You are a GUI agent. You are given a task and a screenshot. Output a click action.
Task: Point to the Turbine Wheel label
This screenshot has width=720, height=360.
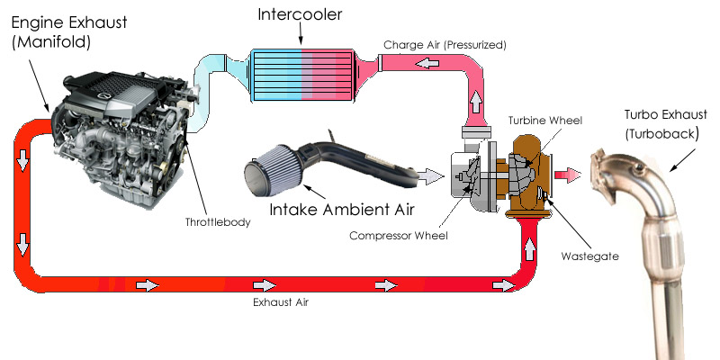545,121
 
